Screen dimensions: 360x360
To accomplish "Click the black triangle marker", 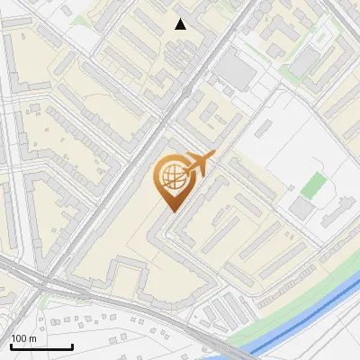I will click(x=181, y=24).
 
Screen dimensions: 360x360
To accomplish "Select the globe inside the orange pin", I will click(x=172, y=178).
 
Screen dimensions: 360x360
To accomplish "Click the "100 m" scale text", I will click(x=24, y=338).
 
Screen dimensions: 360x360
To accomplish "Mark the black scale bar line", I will click(x=41, y=346).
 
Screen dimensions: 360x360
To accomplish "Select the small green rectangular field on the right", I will click(x=314, y=185).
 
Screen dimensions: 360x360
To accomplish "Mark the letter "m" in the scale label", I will click(x=33, y=338).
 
